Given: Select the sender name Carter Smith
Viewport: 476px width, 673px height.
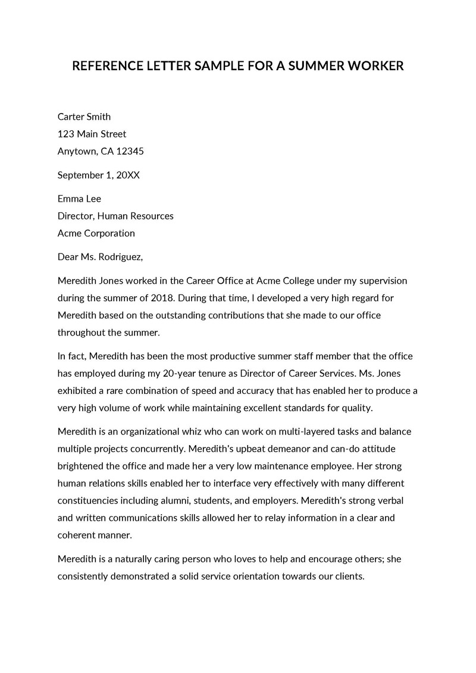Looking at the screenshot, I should coord(84,117).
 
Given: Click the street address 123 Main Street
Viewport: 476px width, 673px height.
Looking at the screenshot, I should coord(92,134).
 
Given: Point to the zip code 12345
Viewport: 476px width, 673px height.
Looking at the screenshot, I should coord(130,151).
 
